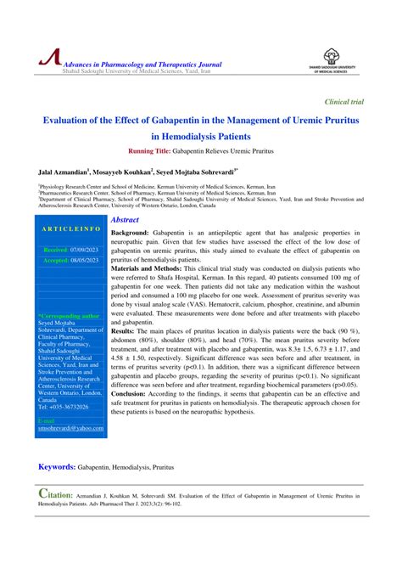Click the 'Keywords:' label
pos(56,467)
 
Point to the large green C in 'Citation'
pos(42,493)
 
